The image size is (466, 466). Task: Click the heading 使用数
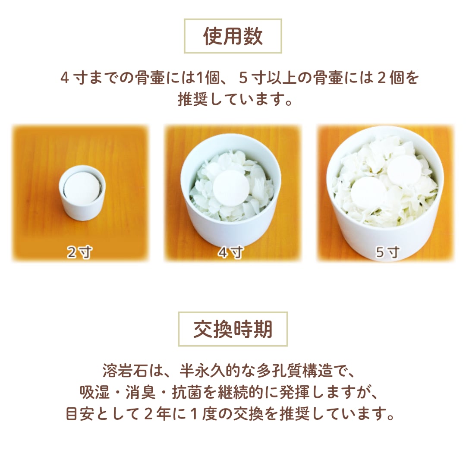[233, 36]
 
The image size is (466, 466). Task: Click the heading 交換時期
[233, 329]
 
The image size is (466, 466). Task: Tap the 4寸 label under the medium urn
[231, 252]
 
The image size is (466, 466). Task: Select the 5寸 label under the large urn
[387, 252]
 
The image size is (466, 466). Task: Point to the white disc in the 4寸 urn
[231, 189]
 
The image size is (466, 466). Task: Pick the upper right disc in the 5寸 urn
[404, 171]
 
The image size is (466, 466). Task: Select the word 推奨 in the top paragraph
[193, 99]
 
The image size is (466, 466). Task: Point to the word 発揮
[295, 392]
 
